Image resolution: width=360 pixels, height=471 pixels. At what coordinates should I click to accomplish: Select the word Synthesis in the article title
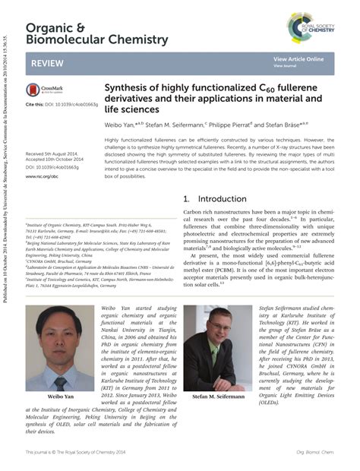click(128, 88)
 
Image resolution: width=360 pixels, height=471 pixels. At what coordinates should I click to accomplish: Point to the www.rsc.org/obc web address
click(42, 176)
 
